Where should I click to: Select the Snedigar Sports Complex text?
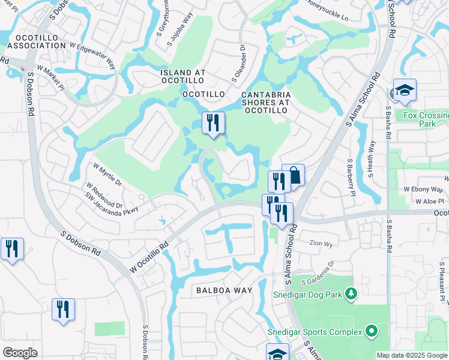click(x=315, y=332)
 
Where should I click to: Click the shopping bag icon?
click(x=294, y=175)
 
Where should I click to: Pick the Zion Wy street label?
click(x=321, y=244)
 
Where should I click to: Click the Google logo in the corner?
click(x=20, y=353)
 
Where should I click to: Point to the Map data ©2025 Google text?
click(x=412, y=355)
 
